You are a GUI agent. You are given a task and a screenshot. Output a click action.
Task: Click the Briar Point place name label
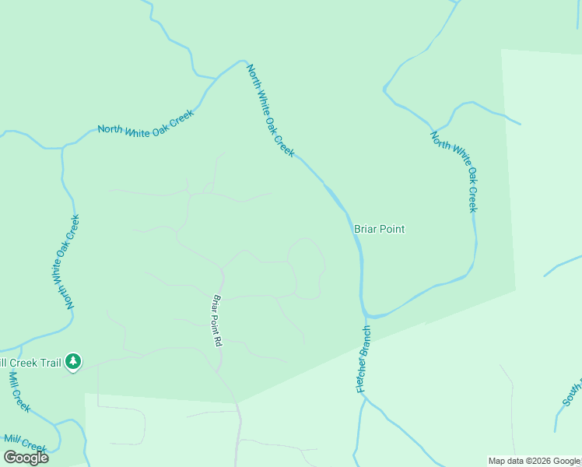(x=379, y=229)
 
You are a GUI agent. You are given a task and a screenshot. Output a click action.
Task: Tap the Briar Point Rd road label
(x=218, y=320)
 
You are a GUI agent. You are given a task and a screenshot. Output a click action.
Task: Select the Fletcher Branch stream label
(x=363, y=359)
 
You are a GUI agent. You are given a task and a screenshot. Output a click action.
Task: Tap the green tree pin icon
(x=73, y=361)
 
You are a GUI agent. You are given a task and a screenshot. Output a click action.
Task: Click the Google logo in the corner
(x=26, y=458)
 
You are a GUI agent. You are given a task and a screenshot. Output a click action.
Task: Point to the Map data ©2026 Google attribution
(x=535, y=462)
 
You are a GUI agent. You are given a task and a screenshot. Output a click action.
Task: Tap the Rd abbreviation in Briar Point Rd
(x=219, y=339)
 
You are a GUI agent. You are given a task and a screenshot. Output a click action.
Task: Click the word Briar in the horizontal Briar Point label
(x=365, y=229)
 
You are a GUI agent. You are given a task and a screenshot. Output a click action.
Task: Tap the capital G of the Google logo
(x=10, y=458)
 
